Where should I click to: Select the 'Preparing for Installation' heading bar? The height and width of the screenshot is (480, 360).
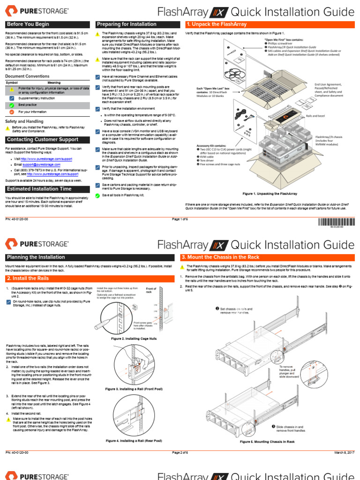(x=127, y=24)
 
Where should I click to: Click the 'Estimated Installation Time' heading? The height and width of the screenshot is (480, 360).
(x=39, y=189)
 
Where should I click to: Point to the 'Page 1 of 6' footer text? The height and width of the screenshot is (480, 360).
(x=180, y=219)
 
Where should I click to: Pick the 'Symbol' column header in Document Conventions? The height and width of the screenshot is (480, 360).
(x=12, y=82)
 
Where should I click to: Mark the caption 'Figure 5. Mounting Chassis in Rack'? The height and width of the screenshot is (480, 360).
(x=267, y=442)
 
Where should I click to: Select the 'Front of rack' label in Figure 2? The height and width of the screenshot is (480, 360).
(x=151, y=290)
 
